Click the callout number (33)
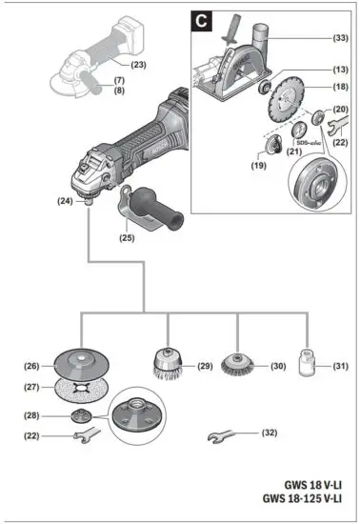[x=339, y=38]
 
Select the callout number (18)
[x=340, y=87]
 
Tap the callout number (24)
[x=66, y=201]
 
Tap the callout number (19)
[x=258, y=165]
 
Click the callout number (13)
[x=340, y=70]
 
